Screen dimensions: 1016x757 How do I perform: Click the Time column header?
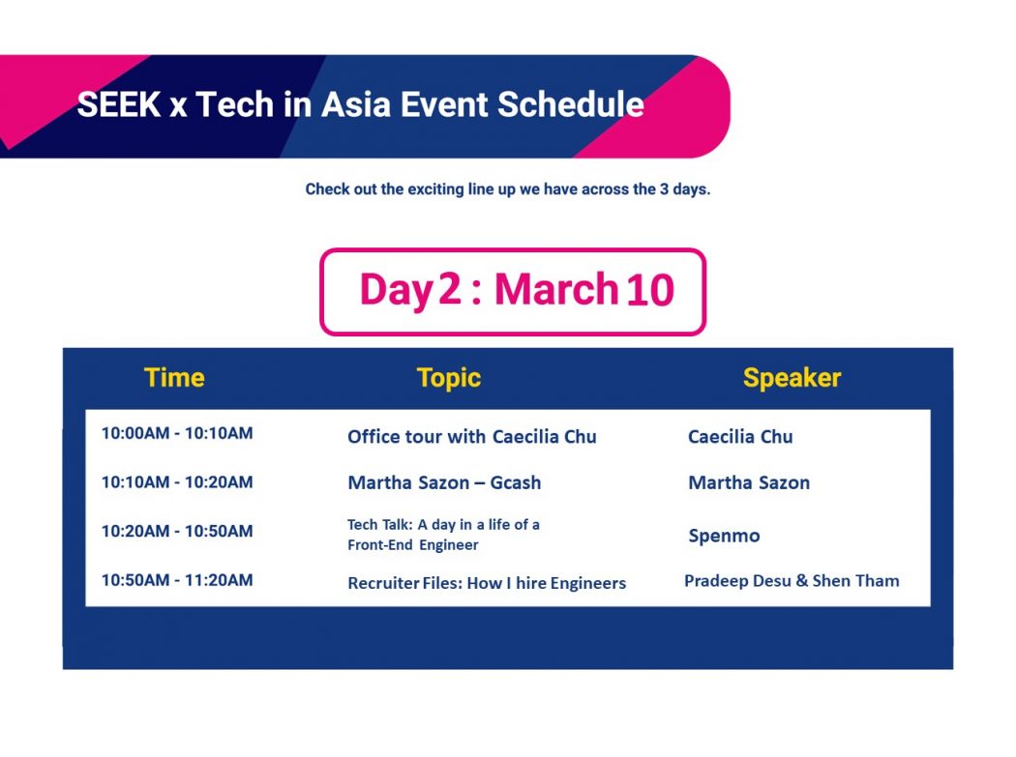click(174, 377)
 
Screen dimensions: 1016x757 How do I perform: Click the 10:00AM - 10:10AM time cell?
click(177, 433)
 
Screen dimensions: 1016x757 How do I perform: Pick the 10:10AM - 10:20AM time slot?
click(177, 482)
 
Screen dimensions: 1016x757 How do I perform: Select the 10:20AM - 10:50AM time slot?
click(177, 532)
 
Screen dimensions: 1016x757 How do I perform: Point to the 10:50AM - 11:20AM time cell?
click(177, 580)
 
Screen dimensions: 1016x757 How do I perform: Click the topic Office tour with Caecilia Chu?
click(472, 437)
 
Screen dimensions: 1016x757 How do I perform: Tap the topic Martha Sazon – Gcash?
click(444, 483)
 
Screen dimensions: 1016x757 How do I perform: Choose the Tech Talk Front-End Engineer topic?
click(443, 535)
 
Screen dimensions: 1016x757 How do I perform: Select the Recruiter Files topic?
click(487, 583)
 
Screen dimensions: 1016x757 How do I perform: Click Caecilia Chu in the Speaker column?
click(740, 437)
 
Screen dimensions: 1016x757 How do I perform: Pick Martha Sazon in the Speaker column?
click(748, 483)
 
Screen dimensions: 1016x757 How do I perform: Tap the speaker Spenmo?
click(724, 537)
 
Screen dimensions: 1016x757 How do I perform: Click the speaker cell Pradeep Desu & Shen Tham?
click(792, 581)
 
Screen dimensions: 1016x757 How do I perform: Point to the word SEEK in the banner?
click(119, 105)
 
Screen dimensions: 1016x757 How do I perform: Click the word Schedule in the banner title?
click(571, 105)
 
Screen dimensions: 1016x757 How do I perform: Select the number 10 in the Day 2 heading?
click(650, 289)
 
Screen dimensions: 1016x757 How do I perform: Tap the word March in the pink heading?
click(556, 289)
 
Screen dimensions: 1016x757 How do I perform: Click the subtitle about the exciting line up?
click(507, 189)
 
